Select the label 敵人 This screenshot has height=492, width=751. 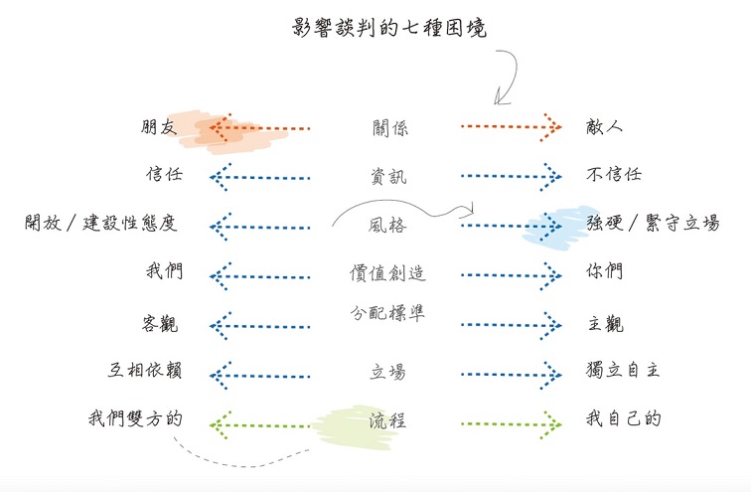[605, 127]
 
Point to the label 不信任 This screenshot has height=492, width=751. [615, 175]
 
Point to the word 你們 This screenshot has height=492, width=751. [605, 271]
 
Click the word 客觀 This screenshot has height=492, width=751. [161, 324]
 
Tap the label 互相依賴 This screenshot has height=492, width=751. [145, 371]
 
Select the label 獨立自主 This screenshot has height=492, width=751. [624, 371]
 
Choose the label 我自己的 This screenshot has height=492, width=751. [624, 418]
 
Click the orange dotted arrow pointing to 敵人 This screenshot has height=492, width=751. [512, 127]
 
